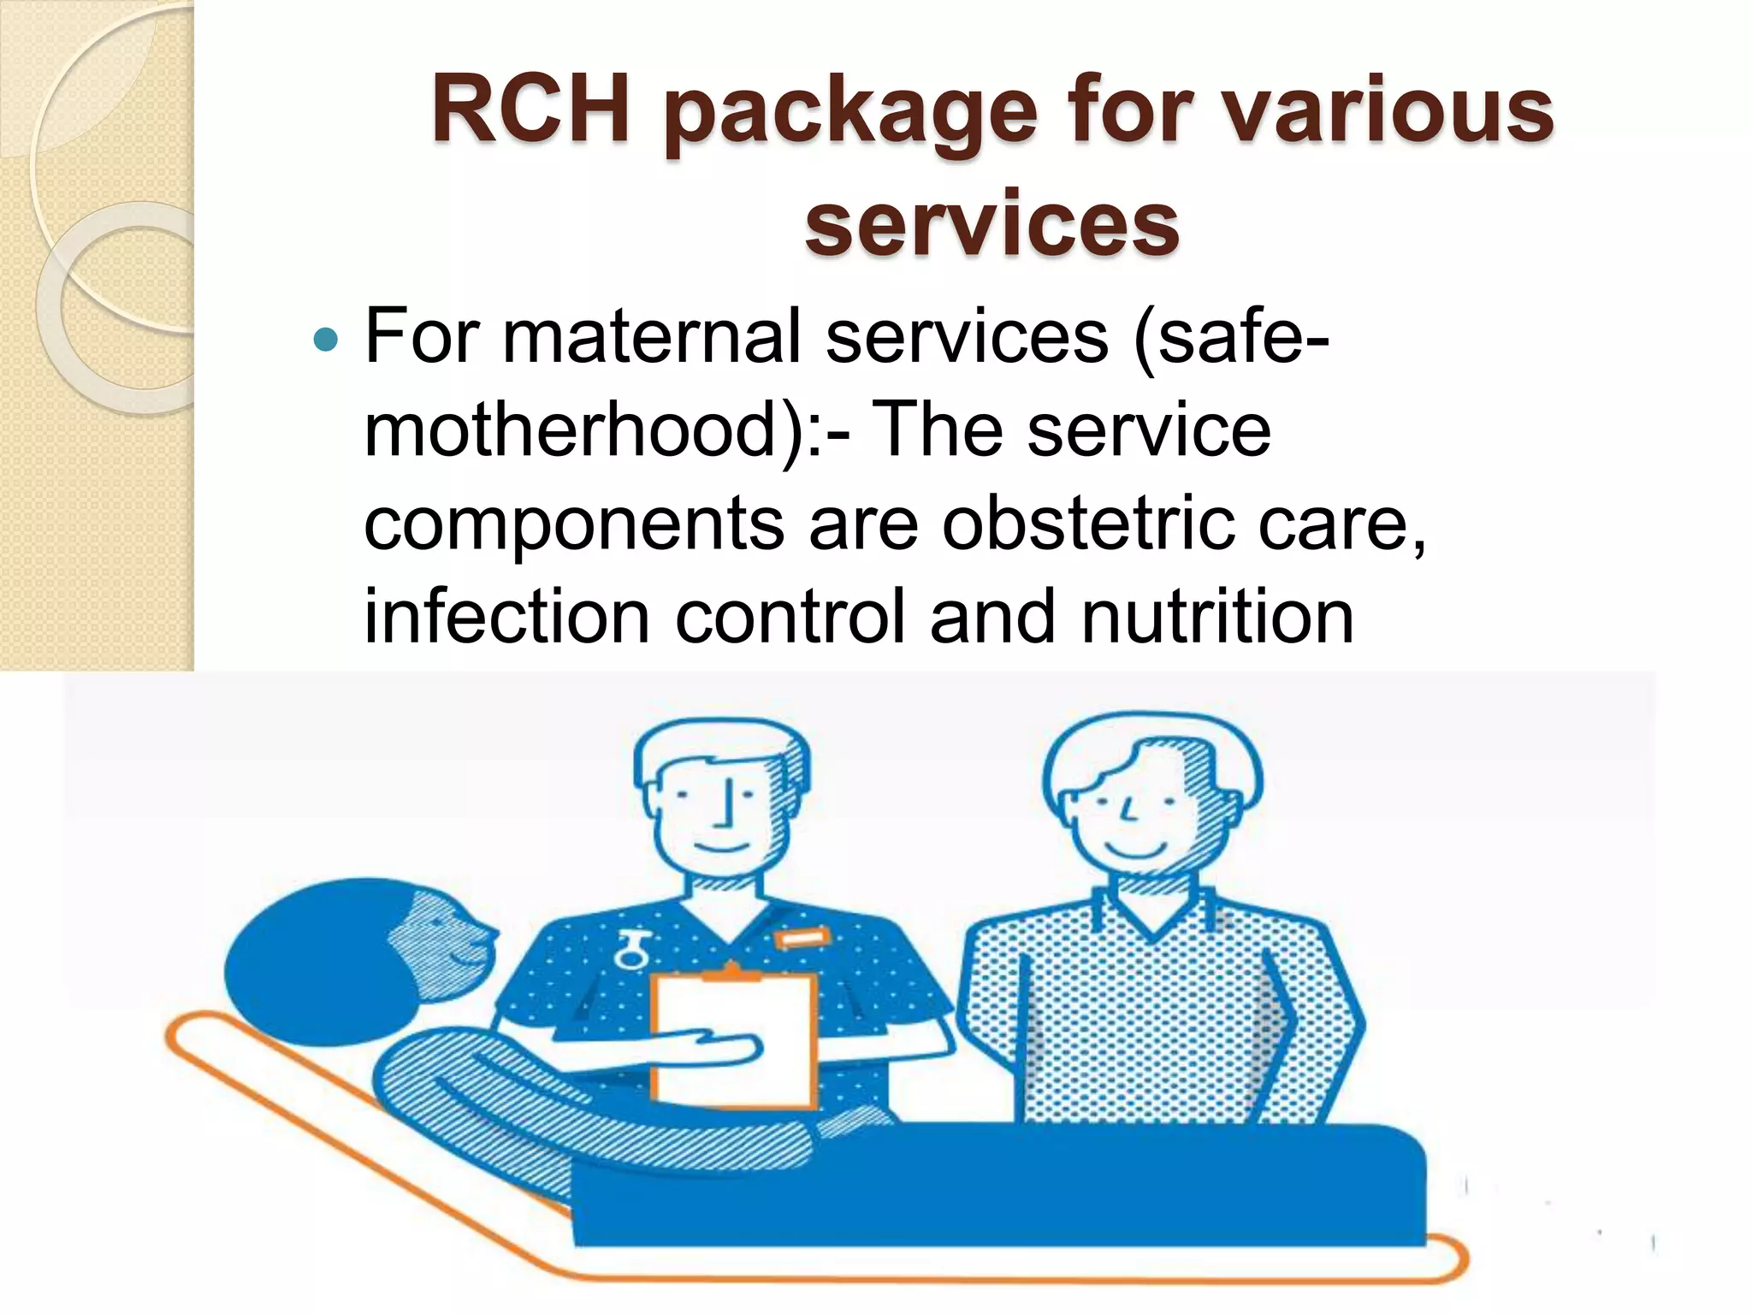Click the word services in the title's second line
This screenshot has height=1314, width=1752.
[992, 224]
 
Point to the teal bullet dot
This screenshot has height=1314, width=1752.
[326, 340]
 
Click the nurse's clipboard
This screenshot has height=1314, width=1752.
[732, 1039]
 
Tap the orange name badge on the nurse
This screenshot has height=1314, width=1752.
[801, 939]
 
